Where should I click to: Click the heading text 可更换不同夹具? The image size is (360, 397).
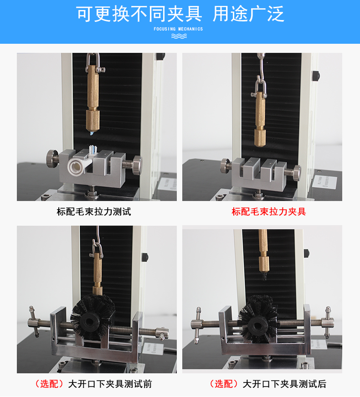pos(139,14)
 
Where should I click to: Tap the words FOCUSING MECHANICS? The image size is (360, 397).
pos(178,29)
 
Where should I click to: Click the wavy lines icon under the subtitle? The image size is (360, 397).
pos(179,36)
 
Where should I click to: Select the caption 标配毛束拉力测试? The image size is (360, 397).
pos(94,211)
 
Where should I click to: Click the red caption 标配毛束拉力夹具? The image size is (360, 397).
pos(269,211)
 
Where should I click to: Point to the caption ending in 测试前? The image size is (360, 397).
pos(93,384)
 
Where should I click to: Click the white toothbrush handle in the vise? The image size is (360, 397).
pos(78,165)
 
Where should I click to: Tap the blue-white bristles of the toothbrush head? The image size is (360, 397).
pos(93,150)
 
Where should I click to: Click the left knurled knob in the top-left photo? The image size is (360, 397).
pos(52,159)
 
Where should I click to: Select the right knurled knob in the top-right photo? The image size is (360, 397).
pos(296,173)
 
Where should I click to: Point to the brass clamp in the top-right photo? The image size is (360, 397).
pos(260,119)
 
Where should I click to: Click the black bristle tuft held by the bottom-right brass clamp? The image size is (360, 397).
pos(264,275)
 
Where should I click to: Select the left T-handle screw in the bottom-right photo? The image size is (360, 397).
pos(197,325)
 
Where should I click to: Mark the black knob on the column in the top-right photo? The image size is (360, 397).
pos(316,76)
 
